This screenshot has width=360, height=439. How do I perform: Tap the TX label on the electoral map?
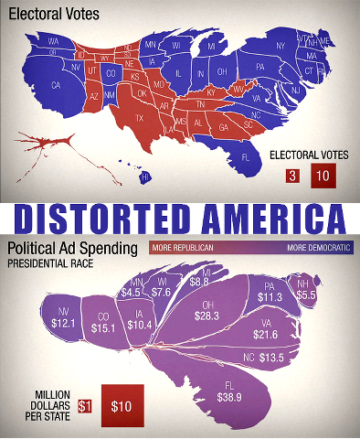140,118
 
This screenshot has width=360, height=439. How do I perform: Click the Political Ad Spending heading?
72,249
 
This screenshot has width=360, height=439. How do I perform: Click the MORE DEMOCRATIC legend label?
318,248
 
